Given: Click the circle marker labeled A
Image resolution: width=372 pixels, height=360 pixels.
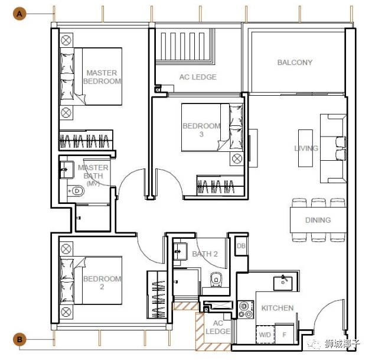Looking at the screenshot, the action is (19, 14).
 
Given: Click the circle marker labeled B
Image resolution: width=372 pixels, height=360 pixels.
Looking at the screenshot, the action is (19, 339).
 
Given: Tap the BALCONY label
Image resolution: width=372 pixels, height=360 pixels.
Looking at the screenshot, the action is (295, 63).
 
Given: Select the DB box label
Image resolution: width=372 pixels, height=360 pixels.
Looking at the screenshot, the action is (241, 246).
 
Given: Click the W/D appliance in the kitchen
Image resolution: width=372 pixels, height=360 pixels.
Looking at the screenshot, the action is (265, 335).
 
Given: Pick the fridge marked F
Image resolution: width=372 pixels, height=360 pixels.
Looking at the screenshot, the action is (285, 334).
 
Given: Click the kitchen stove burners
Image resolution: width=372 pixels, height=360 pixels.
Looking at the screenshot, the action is (246, 309).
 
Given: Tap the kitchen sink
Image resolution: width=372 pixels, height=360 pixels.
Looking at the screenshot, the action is (283, 283).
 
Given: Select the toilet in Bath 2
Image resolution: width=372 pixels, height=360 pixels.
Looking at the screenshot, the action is (216, 280).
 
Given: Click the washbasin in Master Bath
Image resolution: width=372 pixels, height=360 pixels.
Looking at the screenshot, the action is (66, 170).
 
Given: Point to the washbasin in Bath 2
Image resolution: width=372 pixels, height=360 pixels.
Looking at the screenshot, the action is (180, 251).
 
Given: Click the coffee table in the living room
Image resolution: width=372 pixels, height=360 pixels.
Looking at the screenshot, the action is (305, 148).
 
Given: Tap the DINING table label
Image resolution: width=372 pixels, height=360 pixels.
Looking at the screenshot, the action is (318, 220).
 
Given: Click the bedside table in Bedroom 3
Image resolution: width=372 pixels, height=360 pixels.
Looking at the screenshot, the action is (237, 158).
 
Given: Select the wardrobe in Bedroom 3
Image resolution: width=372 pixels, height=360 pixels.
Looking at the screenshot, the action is (220, 186).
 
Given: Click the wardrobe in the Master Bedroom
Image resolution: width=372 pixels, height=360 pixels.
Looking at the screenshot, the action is (86, 140).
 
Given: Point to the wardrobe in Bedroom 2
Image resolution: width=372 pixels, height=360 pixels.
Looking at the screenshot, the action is (157, 295).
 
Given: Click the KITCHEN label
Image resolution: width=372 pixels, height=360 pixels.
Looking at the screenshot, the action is (278, 308).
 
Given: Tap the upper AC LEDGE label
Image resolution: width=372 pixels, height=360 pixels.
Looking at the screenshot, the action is (198, 77).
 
